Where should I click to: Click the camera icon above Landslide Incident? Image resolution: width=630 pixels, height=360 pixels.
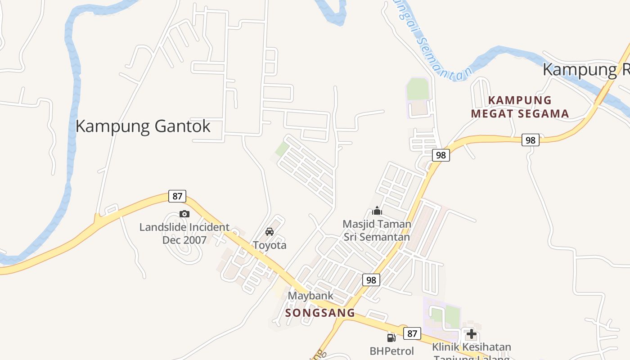[x=184, y=214]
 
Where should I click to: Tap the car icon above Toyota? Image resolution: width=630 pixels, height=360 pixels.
[x=270, y=232]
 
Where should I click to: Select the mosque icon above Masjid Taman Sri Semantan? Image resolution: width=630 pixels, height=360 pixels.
[x=377, y=211]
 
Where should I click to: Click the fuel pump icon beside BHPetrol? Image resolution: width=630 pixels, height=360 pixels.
[x=391, y=337]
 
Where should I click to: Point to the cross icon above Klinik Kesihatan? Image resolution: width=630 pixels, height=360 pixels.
[x=471, y=334]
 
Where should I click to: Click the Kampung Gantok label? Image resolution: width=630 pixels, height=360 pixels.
[x=143, y=126]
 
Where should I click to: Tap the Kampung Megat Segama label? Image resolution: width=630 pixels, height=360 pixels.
[x=520, y=107]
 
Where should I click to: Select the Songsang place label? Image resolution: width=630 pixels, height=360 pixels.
[x=320, y=313]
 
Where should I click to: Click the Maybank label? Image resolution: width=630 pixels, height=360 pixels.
[x=310, y=296]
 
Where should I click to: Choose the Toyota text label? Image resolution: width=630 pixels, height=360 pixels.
[x=270, y=245]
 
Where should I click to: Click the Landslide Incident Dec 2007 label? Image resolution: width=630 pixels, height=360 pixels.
[x=184, y=234]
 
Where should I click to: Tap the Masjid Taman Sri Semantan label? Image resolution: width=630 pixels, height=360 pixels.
[x=377, y=230]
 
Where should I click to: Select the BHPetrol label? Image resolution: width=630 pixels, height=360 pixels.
[x=391, y=351]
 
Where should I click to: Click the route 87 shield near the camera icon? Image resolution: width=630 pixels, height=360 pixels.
[x=177, y=196]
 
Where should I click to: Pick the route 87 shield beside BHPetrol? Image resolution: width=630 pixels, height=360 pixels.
[x=412, y=333]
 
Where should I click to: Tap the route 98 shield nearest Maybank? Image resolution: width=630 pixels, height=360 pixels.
[x=371, y=280]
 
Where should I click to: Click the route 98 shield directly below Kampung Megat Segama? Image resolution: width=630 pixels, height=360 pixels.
[x=531, y=140]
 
